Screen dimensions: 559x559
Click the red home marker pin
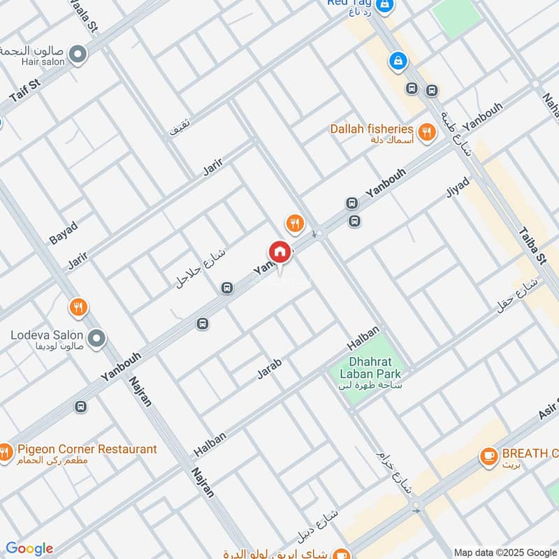click(279, 252)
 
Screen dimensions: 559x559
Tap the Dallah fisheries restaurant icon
click(426, 131)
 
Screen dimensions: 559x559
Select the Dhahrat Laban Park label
click(370, 368)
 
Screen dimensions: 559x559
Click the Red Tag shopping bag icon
click(384, 5)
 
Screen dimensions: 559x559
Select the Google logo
click(29, 549)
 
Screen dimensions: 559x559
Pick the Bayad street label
click(63, 232)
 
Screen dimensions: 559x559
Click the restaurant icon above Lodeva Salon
click(78, 307)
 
